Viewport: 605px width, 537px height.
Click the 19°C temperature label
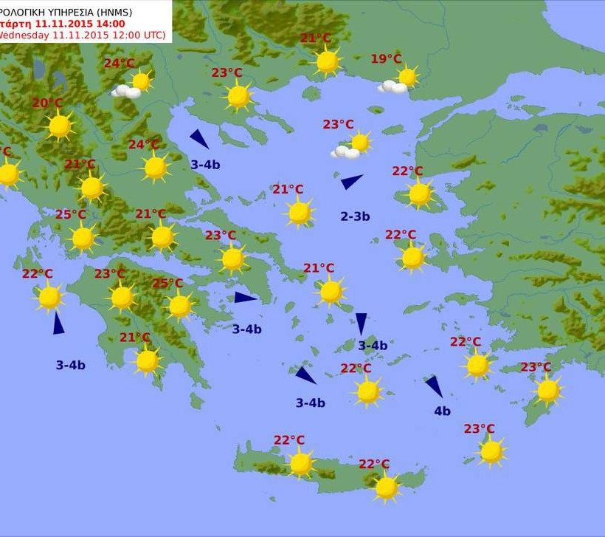pos(386,59)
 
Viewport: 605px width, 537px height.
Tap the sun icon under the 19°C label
pos(407,76)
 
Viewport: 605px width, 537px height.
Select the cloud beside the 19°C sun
pos(393,86)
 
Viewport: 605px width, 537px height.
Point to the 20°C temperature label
pos(47,103)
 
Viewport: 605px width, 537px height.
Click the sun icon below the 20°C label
pos(60,126)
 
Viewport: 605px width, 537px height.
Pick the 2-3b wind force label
pos(355,216)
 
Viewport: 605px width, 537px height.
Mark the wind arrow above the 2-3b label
pos(351,180)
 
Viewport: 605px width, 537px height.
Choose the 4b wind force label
pos(442,411)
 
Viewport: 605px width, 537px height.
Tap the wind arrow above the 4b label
pos(434,386)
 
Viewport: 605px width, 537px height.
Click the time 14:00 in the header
pos(111,24)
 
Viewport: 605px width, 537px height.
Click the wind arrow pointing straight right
pos(245,298)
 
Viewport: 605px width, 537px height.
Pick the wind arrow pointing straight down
pos(362,323)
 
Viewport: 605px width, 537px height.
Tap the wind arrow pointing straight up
pos(58,324)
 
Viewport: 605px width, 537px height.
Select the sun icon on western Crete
pos(300,463)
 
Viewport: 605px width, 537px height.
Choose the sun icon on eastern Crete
pos(386,487)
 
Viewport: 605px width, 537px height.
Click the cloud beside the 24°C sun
pos(126,92)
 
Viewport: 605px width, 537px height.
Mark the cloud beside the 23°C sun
pos(345,152)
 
